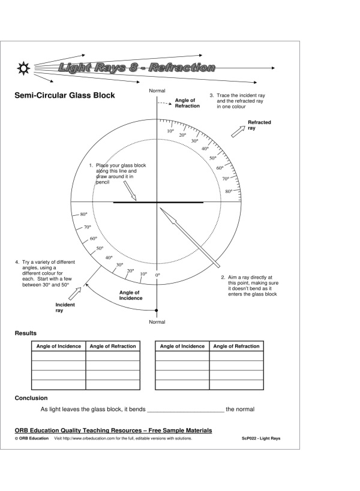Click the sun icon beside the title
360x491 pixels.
pyautogui.click(x=24, y=67)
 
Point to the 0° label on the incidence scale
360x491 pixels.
pyautogui.click(x=158, y=275)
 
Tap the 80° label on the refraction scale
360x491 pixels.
pyautogui.click(x=229, y=191)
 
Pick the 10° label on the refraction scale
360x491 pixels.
pyautogui.click(x=170, y=131)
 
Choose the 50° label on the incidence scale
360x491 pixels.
pyautogui.click(x=100, y=248)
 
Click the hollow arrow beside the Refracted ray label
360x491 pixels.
pyautogui.click(x=238, y=132)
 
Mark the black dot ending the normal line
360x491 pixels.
pyautogui.click(x=157, y=311)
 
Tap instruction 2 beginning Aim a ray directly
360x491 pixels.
pyautogui.click(x=248, y=285)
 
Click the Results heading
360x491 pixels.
pyautogui.click(x=26, y=333)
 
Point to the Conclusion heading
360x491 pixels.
pyautogui.click(x=31, y=397)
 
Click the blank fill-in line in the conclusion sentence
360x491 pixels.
pyautogui.click(x=185, y=410)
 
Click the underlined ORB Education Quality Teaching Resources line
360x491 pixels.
pyautogui.click(x=113, y=430)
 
